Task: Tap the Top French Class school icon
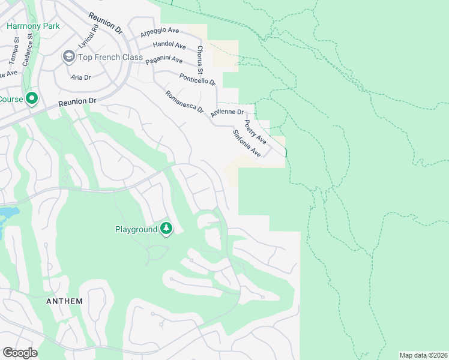click(68, 56)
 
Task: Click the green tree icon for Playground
click(166, 229)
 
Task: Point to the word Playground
click(136, 229)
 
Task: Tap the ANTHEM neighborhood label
click(64, 301)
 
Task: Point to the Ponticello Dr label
click(197, 79)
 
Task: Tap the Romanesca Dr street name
click(184, 103)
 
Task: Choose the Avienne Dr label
click(228, 112)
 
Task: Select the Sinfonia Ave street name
click(248, 143)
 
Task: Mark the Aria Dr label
click(80, 78)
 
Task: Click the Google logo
click(20, 353)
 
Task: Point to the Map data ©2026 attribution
click(423, 355)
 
